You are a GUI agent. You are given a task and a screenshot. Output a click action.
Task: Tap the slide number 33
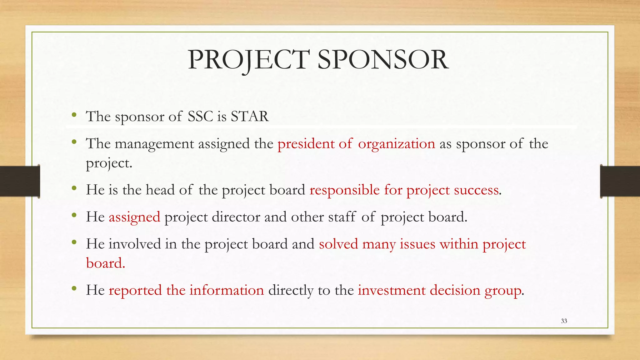click(564, 321)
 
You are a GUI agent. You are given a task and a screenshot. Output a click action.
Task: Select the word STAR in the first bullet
click(250, 116)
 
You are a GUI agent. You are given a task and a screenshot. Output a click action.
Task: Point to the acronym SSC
click(200, 116)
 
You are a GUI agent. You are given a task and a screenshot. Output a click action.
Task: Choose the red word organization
click(396, 144)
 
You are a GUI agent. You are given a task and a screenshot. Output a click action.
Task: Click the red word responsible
click(344, 190)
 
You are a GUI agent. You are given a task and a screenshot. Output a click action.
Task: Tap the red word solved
click(338, 244)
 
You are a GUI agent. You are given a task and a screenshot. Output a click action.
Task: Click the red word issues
click(417, 244)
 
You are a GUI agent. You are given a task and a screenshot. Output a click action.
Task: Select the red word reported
click(135, 290)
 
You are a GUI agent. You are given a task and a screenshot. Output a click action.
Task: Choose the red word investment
click(392, 290)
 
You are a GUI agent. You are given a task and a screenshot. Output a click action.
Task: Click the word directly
click(291, 290)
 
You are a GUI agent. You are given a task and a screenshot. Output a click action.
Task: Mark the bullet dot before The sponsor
click(74, 115)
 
